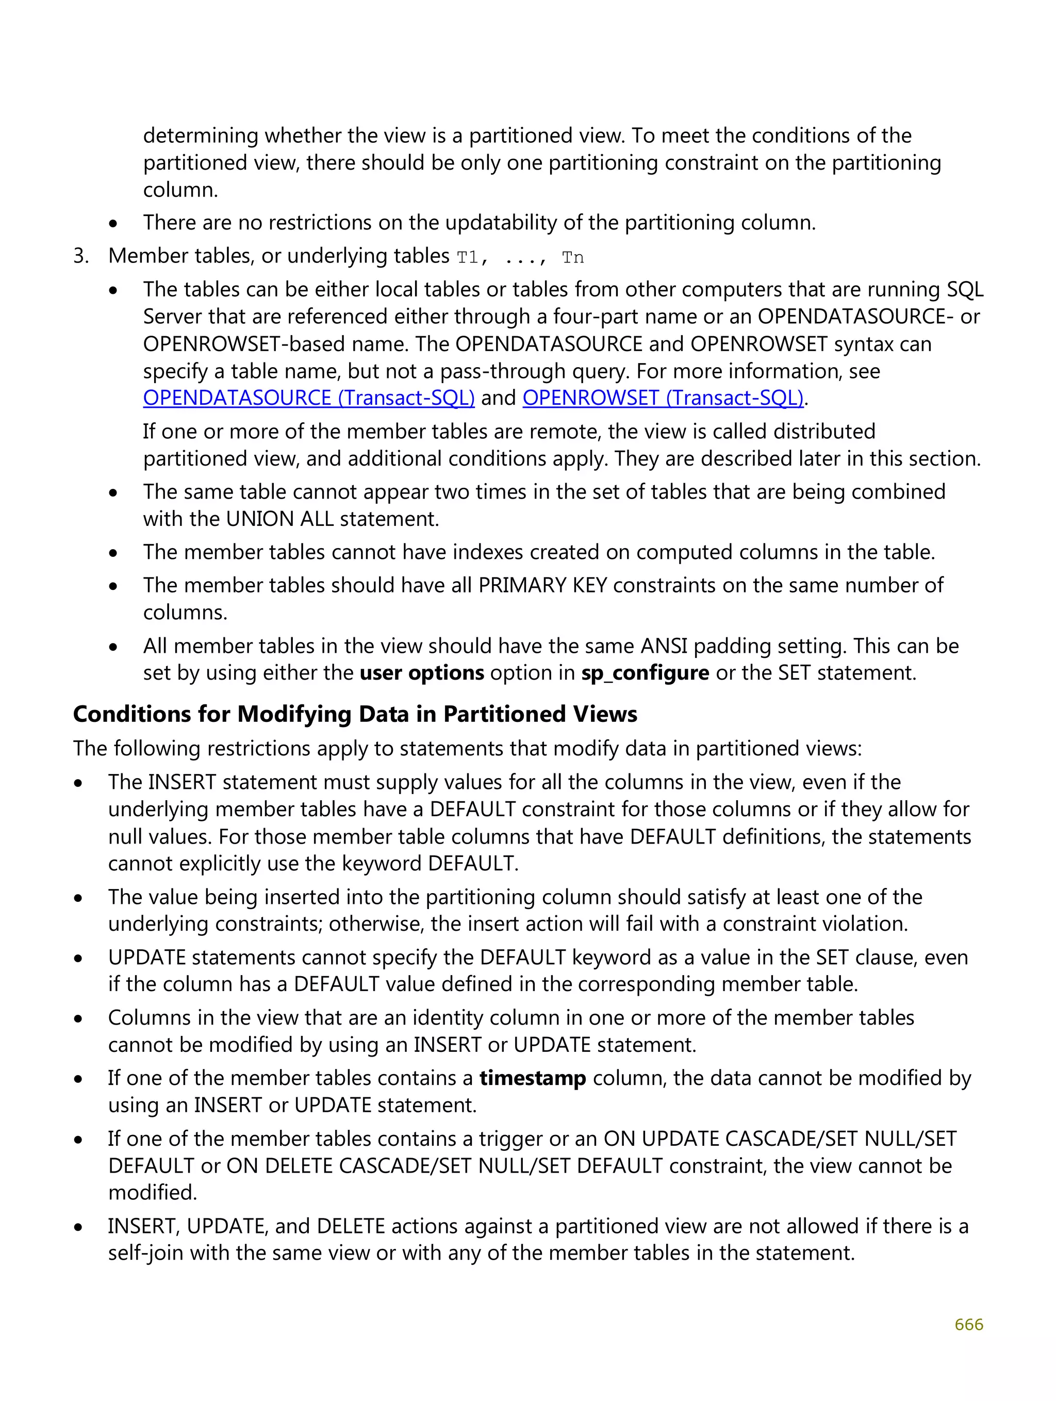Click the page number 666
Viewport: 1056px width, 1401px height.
[968, 1324]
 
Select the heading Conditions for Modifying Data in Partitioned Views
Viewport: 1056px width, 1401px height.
[355, 715]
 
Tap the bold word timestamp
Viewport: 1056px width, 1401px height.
[532, 1078]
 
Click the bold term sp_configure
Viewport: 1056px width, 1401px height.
[645, 672]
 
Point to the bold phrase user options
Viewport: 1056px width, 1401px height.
[422, 672]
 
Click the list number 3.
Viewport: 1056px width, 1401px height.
[80, 256]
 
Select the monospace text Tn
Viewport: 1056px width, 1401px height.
[573, 258]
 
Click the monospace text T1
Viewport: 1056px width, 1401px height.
[468, 258]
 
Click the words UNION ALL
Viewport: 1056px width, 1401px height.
[279, 519]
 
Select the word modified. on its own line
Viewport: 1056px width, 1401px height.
[153, 1193]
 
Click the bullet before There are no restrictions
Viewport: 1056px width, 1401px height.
[113, 224]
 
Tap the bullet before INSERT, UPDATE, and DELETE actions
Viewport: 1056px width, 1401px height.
[78, 1227]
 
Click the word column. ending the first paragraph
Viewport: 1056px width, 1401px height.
[180, 190]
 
